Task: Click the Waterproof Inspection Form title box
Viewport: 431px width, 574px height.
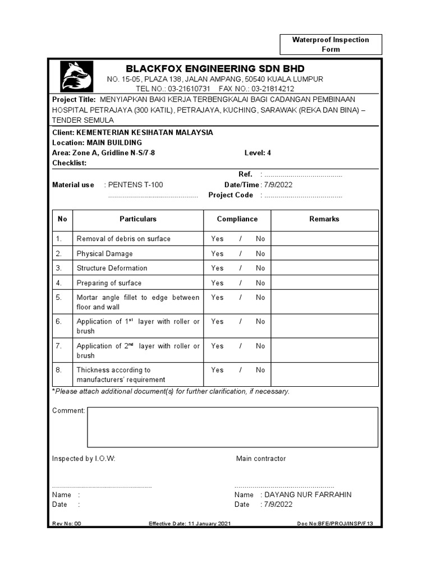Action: (x=331, y=44)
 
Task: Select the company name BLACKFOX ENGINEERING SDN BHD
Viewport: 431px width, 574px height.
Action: (x=215, y=68)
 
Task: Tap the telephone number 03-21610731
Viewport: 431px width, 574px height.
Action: (x=189, y=89)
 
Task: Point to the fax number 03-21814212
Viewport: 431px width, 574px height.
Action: (x=272, y=89)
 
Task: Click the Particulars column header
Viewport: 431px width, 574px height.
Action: (x=138, y=219)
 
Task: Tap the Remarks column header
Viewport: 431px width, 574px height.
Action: (x=324, y=219)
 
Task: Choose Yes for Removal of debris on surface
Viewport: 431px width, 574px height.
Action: (x=217, y=239)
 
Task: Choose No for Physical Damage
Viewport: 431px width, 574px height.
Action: (x=260, y=254)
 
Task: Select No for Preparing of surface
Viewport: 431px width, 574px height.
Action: (x=260, y=283)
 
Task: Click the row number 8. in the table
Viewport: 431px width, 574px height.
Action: (x=58, y=370)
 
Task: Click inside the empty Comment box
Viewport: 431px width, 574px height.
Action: (x=232, y=427)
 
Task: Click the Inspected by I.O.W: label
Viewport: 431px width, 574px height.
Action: (x=84, y=459)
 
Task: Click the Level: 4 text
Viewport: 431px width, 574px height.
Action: (x=258, y=153)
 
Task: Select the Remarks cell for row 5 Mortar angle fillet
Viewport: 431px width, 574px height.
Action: (x=324, y=302)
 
